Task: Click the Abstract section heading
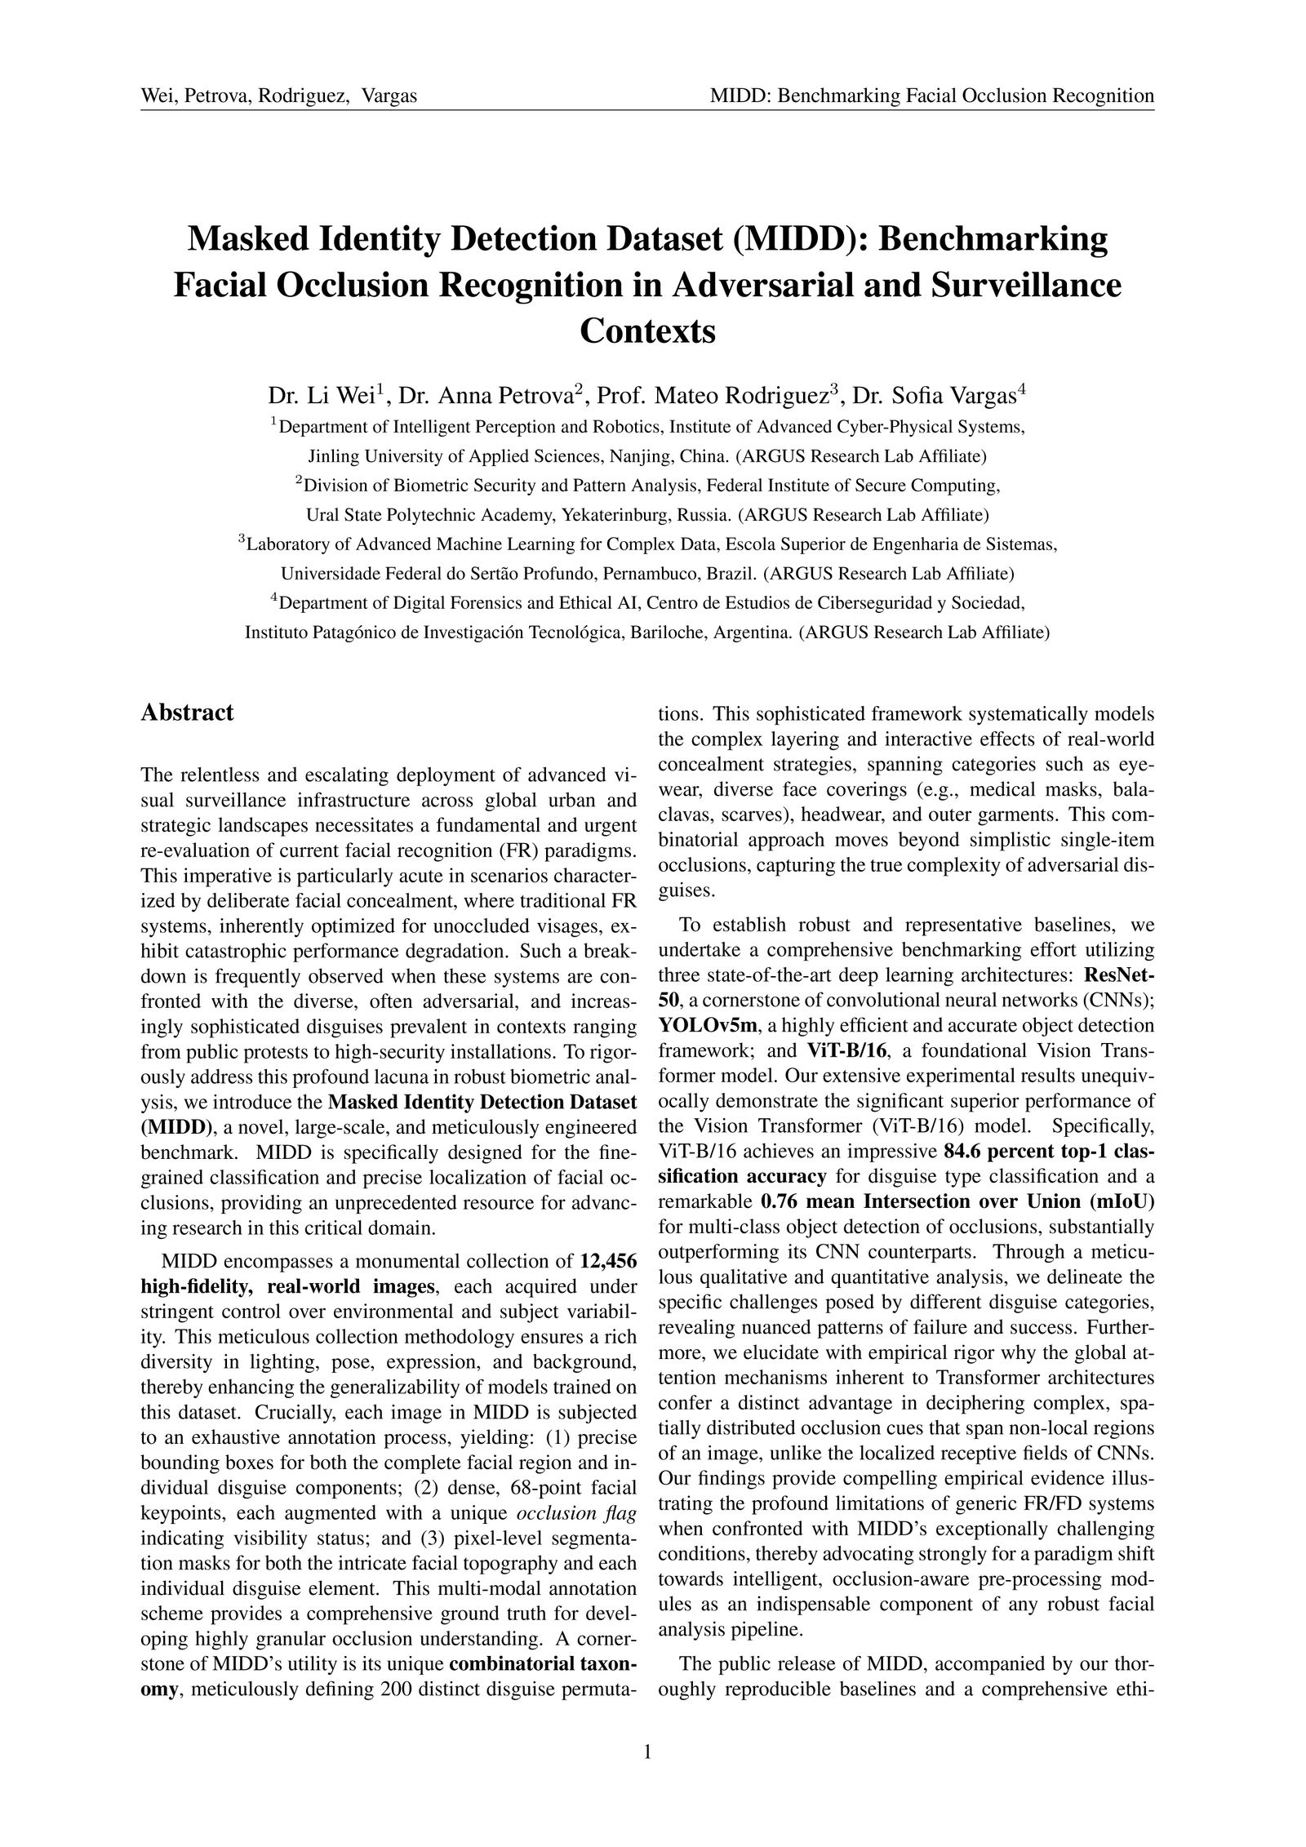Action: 187,713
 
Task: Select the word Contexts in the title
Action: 647,331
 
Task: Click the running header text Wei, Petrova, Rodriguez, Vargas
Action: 279,96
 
